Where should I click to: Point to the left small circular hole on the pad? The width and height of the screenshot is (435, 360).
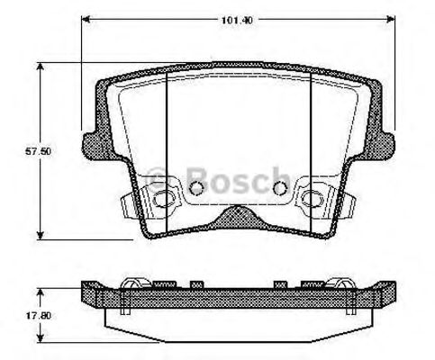(197, 188)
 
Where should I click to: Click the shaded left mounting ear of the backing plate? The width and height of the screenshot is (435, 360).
(93, 143)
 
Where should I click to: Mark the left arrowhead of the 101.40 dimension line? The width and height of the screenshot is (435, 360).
(86, 17)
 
